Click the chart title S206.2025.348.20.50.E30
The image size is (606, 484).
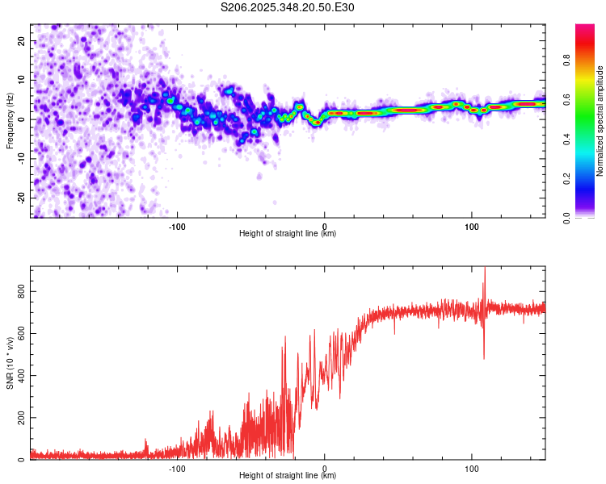click(288, 8)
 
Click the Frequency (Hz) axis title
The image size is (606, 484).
click(11, 120)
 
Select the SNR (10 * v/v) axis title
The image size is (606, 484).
click(11, 363)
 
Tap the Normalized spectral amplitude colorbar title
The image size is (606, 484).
click(600, 120)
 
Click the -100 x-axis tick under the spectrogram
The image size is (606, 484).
click(177, 226)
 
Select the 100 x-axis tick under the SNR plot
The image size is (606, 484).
click(472, 468)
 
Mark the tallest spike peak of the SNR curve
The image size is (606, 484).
click(485, 268)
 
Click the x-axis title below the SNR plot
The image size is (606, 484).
click(288, 476)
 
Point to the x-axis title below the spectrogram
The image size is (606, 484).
click(288, 234)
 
